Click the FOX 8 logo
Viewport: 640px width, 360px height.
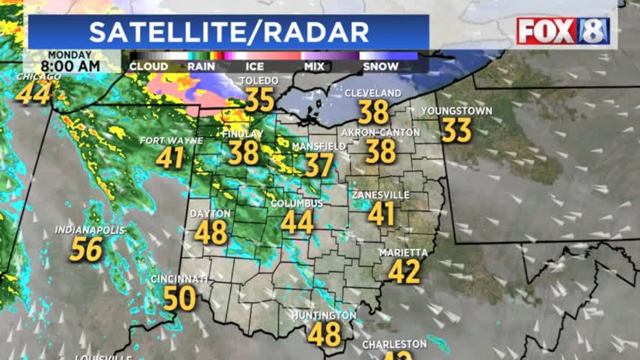(x=563, y=31)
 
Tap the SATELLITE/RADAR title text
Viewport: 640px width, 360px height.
(x=229, y=32)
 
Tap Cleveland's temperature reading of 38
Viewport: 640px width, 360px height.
(x=374, y=113)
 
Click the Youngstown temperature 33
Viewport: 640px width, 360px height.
(x=456, y=130)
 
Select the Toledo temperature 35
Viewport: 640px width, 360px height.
(x=259, y=99)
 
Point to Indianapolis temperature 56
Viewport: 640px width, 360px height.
(x=86, y=250)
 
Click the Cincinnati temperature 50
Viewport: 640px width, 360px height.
(x=179, y=299)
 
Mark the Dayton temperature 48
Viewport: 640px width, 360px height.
(x=210, y=233)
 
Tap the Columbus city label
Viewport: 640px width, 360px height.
(x=296, y=204)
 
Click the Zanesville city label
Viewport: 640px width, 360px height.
(x=381, y=195)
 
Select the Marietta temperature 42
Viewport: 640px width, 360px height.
(x=404, y=271)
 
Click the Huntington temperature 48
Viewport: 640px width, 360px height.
(x=324, y=334)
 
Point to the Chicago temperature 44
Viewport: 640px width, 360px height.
(x=33, y=93)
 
